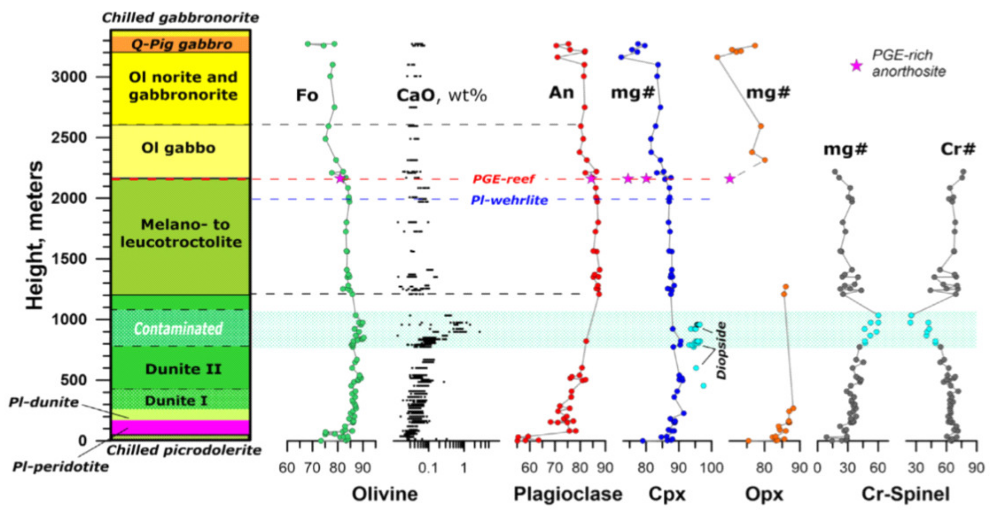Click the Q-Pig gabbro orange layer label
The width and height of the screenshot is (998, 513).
point(182,44)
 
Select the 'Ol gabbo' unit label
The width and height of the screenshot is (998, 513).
point(178,148)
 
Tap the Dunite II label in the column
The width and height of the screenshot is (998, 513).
point(183,369)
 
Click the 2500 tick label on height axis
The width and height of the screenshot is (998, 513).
point(69,138)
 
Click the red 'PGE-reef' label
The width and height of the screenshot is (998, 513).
point(503,179)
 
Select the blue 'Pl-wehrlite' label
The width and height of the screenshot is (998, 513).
point(509,200)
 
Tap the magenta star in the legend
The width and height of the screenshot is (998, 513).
point(856,66)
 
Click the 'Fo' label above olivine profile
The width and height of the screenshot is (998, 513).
point(307,95)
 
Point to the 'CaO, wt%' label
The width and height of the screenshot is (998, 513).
point(441,95)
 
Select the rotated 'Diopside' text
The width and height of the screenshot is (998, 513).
point(721,351)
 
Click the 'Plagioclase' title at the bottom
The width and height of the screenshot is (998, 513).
point(568,494)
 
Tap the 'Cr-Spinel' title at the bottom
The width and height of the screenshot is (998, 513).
point(905,494)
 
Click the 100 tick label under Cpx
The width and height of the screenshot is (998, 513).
point(711,468)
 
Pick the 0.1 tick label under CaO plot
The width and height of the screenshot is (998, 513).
point(428,468)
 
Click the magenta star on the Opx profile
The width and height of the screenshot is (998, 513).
point(730,179)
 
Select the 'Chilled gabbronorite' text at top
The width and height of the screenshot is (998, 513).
point(180,18)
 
